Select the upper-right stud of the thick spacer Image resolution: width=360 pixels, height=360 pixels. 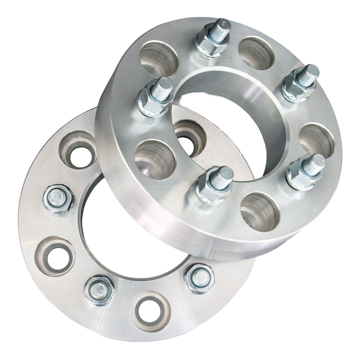pyautogui.click(x=300, y=82)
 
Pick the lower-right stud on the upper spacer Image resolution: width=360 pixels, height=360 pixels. pyautogui.click(x=306, y=170)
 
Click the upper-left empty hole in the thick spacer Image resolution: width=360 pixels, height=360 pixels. pyautogui.click(x=159, y=58)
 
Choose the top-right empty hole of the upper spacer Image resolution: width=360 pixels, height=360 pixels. pyautogui.click(x=256, y=52)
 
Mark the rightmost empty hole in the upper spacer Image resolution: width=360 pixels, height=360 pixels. pyautogui.click(x=317, y=139)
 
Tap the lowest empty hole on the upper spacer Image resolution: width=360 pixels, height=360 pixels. pyautogui.click(x=260, y=211)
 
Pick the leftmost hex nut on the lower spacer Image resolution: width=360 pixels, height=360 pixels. pyautogui.click(x=58, y=199)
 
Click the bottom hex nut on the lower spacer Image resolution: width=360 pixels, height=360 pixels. pyautogui.click(x=100, y=289)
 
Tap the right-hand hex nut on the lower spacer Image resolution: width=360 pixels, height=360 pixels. pyautogui.click(x=199, y=278)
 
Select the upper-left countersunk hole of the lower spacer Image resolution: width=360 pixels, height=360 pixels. pyautogui.click(x=78, y=149)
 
